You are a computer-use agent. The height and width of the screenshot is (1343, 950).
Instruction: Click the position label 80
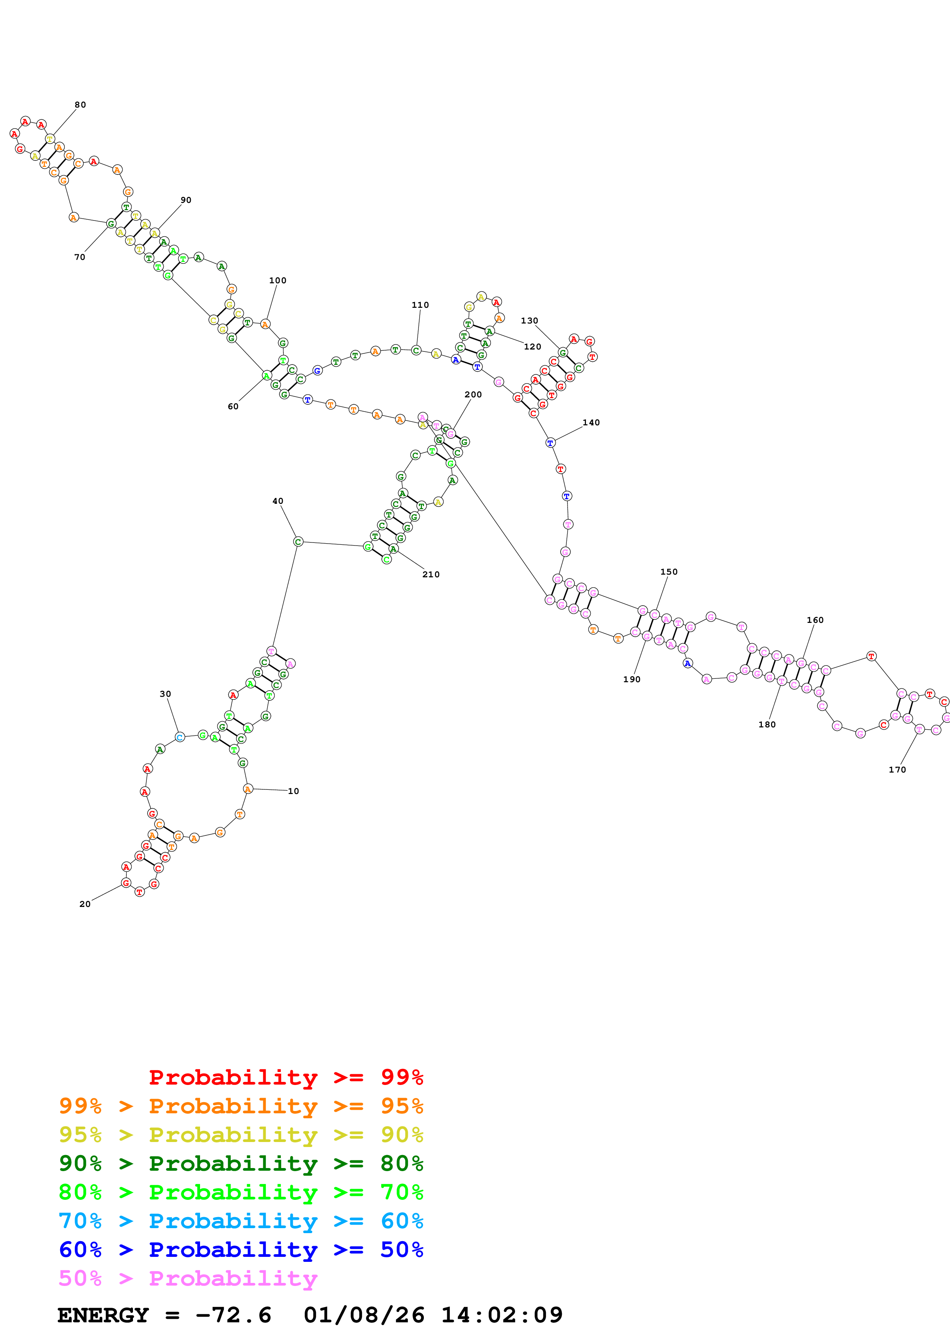(x=80, y=105)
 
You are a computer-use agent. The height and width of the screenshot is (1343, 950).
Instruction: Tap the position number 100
(x=277, y=280)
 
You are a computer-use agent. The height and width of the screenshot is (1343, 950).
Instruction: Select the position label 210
(x=431, y=574)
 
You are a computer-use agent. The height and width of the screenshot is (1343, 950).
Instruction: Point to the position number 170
(x=897, y=770)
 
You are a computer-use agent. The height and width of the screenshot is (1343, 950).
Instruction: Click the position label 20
(x=85, y=904)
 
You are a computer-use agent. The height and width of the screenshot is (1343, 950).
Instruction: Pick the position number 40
(x=277, y=501)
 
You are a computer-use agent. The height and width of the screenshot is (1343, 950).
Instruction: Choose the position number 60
(x=233, y=407)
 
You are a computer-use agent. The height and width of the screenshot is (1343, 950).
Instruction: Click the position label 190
(x=632, y=679)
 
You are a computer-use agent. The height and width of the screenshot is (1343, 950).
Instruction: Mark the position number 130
(x=529, y=320)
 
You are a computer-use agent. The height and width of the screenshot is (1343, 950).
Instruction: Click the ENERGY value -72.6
(x=233, y=1315)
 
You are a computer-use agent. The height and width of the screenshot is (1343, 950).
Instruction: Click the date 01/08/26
(x=364, y=1315)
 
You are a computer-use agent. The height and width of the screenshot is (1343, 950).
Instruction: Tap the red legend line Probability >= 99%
(x=285, y=1077)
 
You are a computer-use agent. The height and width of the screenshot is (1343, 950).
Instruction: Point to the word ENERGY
(x=103, y=1315)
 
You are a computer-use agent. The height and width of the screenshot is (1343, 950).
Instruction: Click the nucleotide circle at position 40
(x=298, y=542)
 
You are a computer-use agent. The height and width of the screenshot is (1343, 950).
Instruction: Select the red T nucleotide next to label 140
(x=561, y=469)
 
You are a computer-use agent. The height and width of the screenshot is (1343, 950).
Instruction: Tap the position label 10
(x=293, y=791)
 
